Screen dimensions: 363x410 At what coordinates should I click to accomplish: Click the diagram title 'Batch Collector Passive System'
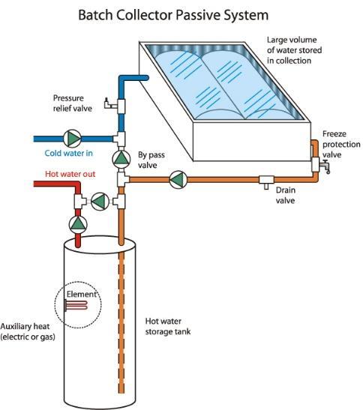click(173, 15)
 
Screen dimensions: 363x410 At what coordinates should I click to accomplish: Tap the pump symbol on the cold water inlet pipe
click(72, 139)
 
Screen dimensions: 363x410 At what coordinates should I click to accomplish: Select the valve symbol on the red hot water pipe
click(78, 225)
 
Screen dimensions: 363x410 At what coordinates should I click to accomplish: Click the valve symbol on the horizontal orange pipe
click(178, 180)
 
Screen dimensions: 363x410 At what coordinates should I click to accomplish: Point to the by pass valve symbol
click(121, 159)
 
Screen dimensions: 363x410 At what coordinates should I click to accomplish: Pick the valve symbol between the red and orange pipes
click(100, 202)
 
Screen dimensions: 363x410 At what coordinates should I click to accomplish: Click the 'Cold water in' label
click(68, 153)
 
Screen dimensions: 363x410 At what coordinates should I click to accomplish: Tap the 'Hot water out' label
click(70, 174)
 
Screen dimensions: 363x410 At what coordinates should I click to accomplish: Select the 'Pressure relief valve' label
click(73, 103)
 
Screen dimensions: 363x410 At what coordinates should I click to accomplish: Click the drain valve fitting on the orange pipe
click(266, 181)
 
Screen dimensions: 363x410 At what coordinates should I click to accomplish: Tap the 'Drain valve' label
click(286, 196)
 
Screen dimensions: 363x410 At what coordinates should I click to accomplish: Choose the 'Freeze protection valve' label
click(341, 145)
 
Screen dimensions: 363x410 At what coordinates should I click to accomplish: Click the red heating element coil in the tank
click(76, 305)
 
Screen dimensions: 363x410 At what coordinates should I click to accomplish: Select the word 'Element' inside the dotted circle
click(82, 294)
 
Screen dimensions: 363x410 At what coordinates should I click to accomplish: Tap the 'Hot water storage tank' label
click(168, 326)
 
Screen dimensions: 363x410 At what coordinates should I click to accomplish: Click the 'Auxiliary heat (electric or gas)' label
click(28, 331)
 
